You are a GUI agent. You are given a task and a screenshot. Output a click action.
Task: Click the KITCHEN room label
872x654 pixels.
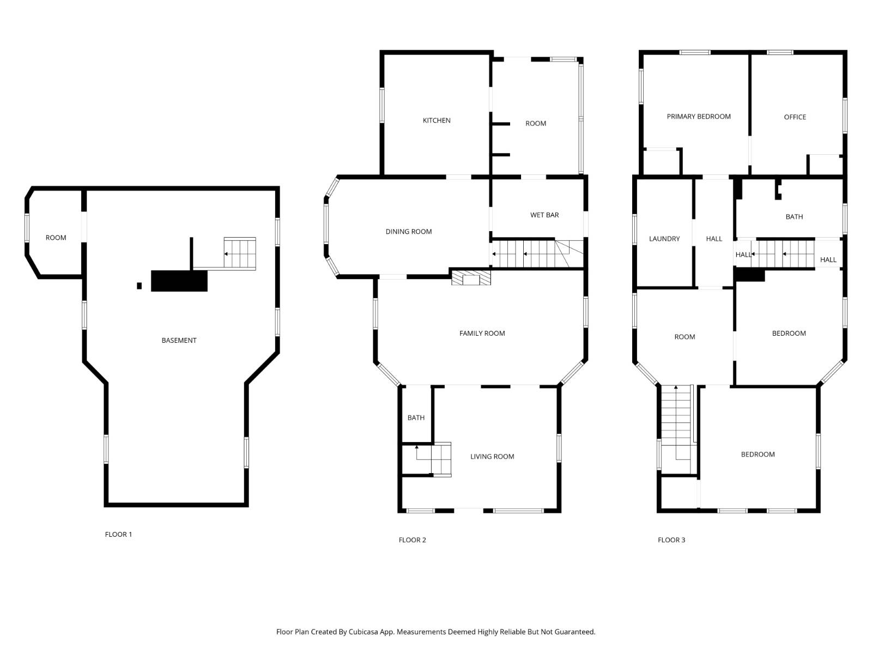click(x=436, y=120)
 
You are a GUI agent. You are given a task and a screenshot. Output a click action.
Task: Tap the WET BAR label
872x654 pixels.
click(x=544, y=215)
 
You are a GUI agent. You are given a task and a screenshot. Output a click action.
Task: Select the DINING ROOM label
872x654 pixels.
click(x=408, y=232)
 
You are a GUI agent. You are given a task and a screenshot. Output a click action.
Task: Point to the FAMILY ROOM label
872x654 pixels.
click(x=482, y=333)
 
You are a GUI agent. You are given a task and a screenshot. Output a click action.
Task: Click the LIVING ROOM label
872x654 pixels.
click(x=492, y=456)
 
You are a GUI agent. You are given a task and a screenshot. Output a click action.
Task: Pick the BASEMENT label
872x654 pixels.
click(x=179, y=340)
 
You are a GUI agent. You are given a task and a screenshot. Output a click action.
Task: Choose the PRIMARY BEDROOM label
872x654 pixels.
click(x=698, y=116)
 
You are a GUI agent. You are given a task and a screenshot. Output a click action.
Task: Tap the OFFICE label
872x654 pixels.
click(x=795, y=117)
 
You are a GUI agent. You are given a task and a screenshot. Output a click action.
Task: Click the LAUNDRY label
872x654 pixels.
click(x=664, y=239)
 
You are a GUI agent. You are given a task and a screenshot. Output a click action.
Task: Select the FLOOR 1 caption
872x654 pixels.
click(x=118, y=534)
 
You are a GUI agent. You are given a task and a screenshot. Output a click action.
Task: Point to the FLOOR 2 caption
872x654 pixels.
click(x=412, y=540)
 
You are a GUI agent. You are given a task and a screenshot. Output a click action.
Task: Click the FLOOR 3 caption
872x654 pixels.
click(x=671, y=540)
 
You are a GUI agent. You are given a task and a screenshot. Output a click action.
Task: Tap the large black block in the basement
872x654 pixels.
click(x=179, y=281)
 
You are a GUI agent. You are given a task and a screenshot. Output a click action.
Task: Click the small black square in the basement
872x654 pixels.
click(x=139, y=286)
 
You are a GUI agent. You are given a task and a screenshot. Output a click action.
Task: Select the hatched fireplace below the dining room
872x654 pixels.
click(x=471, y=278)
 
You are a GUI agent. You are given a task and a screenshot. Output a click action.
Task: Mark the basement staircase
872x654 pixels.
click(x=240, y=254)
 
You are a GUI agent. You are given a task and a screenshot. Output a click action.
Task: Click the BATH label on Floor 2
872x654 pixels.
click(x=416, y=417)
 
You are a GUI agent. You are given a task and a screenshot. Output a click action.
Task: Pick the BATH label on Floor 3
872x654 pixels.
click(x=794, y=216)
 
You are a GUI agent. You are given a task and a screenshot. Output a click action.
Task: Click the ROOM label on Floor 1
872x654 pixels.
click(x=56, y=238)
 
